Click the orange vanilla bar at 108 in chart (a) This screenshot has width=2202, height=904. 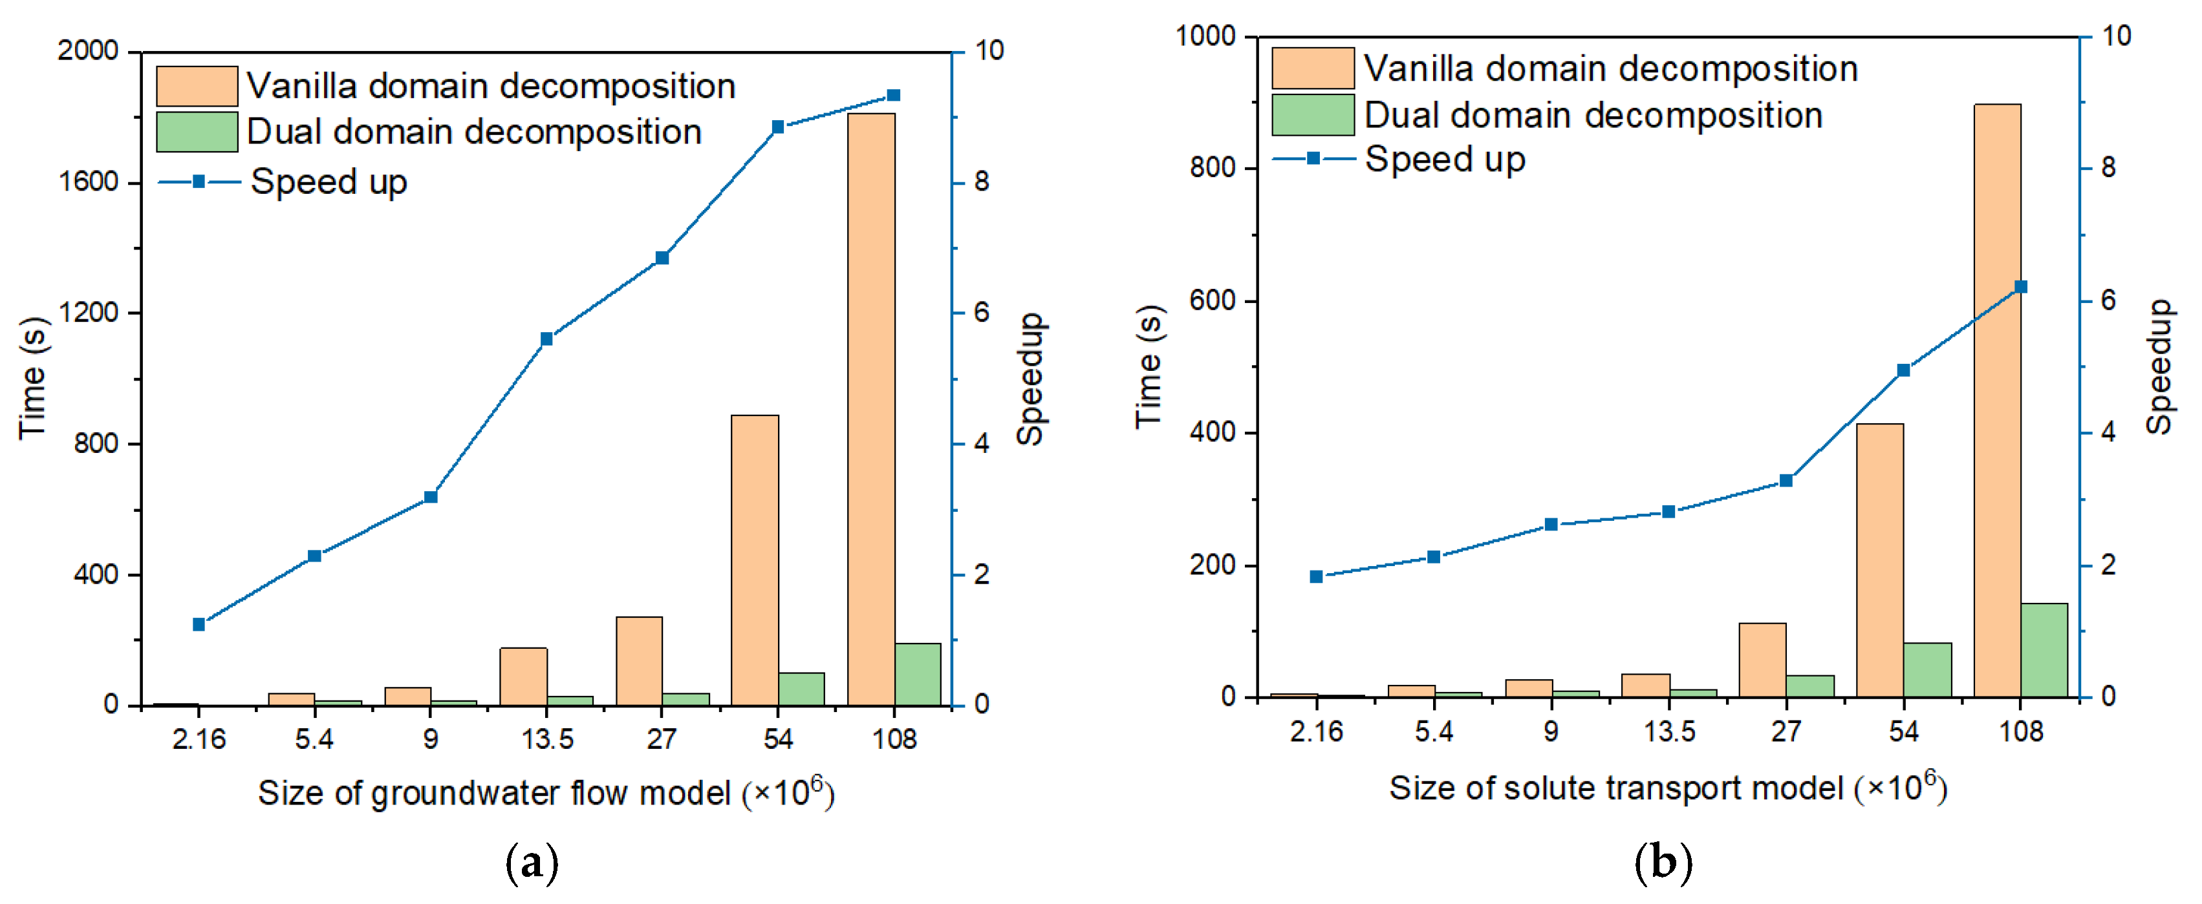tap(871, 410)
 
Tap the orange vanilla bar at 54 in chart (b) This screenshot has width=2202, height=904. tap(1880, 560)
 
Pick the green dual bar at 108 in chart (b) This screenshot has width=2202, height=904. tap(2044, 649)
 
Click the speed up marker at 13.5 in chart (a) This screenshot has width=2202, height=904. tap(547, 339)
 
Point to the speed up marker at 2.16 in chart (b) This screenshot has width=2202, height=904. tap(1317, 577)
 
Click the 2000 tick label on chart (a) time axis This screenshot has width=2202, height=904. tap(87, 50)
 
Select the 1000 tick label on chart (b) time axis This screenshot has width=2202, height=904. tap(1206, 36)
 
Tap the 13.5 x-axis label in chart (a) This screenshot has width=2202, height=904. tap(547, 739)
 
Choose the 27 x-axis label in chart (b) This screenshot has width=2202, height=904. tap(1786, 731)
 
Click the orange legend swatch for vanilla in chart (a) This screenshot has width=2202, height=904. tap(197, 87)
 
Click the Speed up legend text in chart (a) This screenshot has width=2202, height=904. tap(329, 182)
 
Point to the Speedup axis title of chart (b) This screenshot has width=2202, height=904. tap(2160, 368)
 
